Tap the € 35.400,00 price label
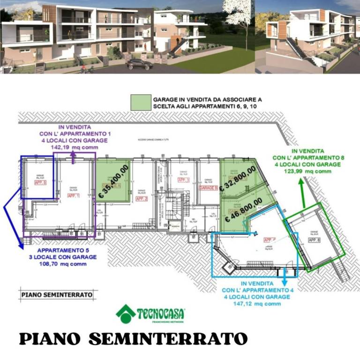(112, 181)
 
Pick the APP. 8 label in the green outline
(314, 240)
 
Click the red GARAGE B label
(209, 187)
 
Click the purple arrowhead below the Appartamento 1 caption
(74, 161)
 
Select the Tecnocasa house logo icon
(126, 314)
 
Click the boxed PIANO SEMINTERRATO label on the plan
(57, 295)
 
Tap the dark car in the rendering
(139, 64)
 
